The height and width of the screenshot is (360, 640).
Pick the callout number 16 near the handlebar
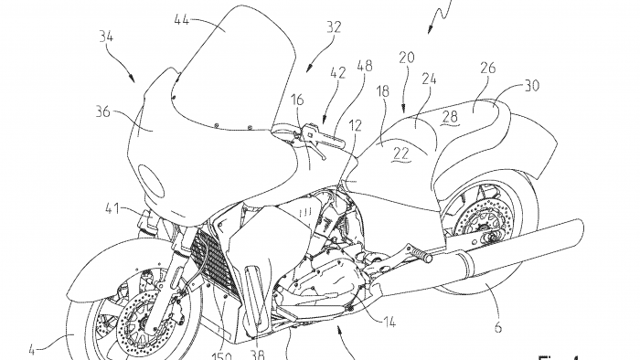[298, 98]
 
